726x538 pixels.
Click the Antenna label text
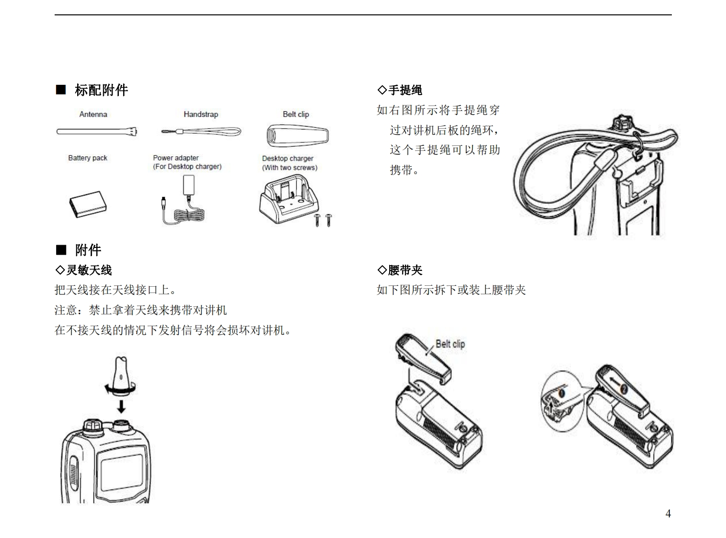(x=93, y=114)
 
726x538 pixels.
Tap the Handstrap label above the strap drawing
(x=200, y=114)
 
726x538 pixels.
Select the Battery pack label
(x=88, y=158)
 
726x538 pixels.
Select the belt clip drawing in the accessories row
(x=297, y=135)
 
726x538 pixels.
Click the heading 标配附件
(x=101, y=90)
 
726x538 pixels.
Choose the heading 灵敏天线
(x=89, y=270)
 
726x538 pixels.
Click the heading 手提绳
(x=405, y=90)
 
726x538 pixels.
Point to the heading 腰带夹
(x=405, y=270)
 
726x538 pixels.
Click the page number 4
(x=668, y=514)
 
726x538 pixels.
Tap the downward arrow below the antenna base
(x=121, y=407)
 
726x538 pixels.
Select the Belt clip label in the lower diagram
(x=450, y=344)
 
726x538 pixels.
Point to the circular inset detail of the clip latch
(x=561, y=401)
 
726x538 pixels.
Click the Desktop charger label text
(x=288, y=158)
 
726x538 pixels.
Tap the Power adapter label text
(x=176, y=158)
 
